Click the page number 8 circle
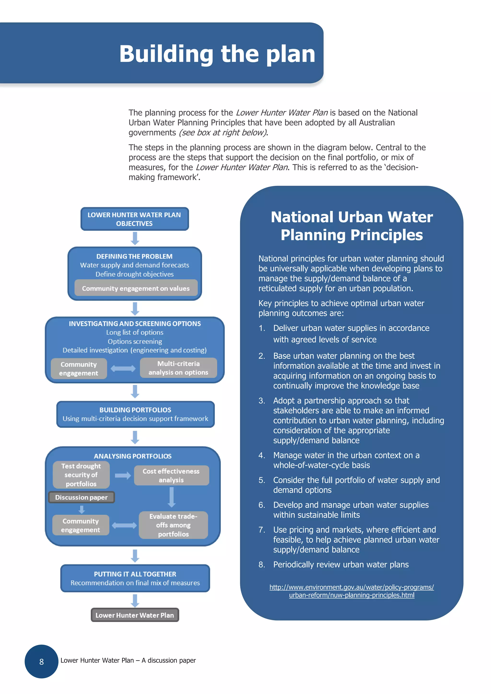(41, 661)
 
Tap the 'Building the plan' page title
(217, 54)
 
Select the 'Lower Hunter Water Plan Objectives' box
(135, 219)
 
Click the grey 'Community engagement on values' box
(136, 288)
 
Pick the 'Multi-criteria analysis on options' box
(178, 368)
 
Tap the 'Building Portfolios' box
(135, 414)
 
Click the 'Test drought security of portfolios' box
(81, 475)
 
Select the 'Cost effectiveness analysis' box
(171, 475)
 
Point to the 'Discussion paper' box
(81, 497)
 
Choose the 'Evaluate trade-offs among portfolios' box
(173, 525)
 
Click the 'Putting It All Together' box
(135, 578)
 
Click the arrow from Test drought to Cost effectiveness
(123, 475)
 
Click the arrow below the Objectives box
(135, 239)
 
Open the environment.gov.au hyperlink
(351, 591)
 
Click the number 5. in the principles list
(262, 480)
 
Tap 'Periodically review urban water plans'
(341, 565)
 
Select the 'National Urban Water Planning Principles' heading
(351, 226)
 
